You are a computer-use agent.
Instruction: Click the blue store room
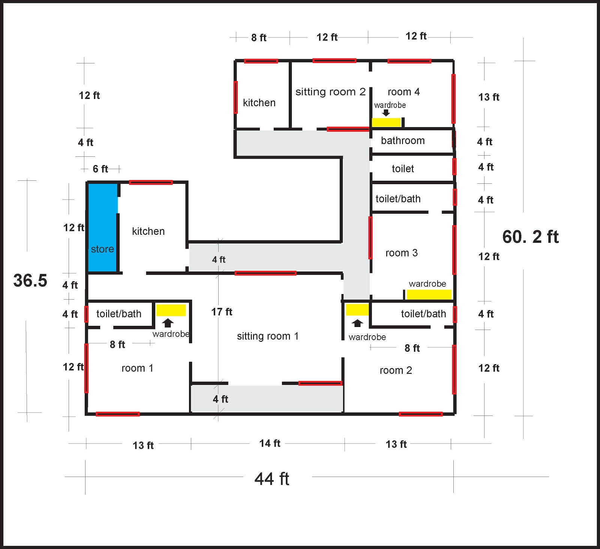click(x=102, y=227)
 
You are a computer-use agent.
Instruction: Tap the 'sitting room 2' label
click(x=330, y=92)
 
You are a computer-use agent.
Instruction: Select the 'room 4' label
click(x=403, y=92)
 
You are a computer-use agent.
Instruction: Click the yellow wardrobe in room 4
click(x=386, y=122)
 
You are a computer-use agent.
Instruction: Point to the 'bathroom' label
click(x=403, y=141)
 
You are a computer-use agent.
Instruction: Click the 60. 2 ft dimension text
click(x=530, y=237)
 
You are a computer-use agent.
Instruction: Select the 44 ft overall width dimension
click(x=272, y=479)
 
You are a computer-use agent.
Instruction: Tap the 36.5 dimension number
click(x=30, y=280)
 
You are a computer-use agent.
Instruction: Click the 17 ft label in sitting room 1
click(x=222, y=312)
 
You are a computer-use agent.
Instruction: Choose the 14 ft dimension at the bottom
click(x=270, y=443)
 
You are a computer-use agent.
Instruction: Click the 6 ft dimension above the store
click(x=100, y=169)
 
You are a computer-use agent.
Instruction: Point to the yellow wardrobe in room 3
click(x=429, y=295)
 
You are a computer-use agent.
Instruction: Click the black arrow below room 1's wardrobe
click(x=168, y=323)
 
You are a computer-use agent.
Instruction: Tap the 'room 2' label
click(x=396, y=370)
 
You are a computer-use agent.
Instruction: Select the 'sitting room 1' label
click(x=268, y=336)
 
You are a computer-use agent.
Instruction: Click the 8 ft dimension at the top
click(x=258, y=37)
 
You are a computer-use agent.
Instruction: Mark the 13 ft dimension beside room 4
click(x=489, y=97)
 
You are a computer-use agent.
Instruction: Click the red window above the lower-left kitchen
click(x=151, y=183)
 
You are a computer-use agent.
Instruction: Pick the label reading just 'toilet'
click(x=403, y=169)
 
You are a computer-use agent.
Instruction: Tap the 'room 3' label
click(x=401, y=253)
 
